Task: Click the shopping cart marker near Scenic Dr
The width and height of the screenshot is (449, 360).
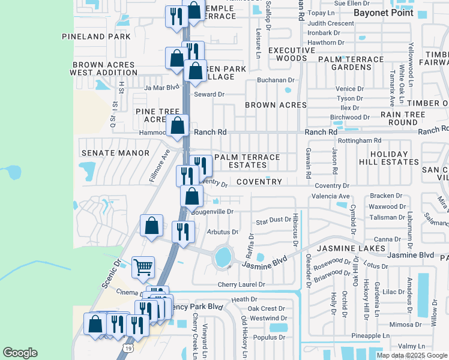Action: point(143,266)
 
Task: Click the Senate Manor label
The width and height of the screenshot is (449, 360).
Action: point(115,153)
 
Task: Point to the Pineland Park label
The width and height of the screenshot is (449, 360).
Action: point(96,37)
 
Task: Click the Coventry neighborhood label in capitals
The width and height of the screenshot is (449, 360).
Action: point(259,182)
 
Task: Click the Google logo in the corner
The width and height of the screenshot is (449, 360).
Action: point(20,353)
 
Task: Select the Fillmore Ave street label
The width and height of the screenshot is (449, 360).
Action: point(160,166)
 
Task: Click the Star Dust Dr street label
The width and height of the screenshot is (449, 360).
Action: point(273,222)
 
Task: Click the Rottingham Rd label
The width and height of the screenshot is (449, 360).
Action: point(360,140)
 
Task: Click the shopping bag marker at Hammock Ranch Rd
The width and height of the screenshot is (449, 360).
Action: point(178,126)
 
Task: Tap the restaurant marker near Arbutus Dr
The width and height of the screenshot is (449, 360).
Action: point(182,232)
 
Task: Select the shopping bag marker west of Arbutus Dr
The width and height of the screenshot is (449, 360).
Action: point(152,226)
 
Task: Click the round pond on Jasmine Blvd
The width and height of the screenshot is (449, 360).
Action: point(223,256)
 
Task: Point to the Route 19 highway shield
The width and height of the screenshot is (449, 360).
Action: point(126,347)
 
